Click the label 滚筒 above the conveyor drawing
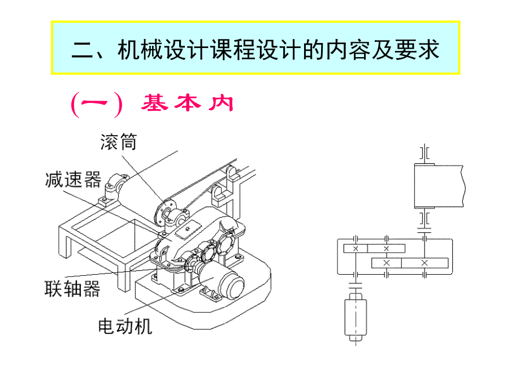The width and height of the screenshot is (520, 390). point(119,141)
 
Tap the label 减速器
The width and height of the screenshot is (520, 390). point(73,179)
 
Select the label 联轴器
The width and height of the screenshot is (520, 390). point(72,289)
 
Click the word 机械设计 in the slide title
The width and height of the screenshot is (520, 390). point(151,49)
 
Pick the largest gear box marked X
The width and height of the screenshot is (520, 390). point(424,263)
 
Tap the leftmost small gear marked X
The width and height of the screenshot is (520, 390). point(356,249)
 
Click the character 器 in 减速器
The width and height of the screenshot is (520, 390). point(92,179)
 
